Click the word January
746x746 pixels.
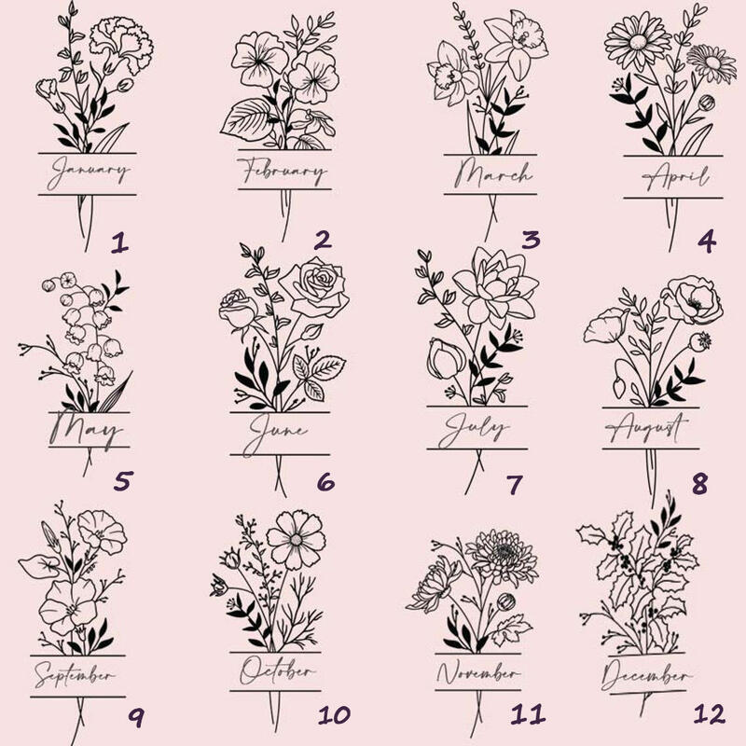tap(89, 173)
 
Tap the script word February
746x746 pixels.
tap(283, 172)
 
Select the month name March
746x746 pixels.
tap(492, 174)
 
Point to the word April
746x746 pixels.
tap(675, 177)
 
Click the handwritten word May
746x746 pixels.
tap(86, 430)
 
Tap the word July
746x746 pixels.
tap(474, 430)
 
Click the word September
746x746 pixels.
tap(75, 674)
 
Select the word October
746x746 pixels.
tap(277, 670)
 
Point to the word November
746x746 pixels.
tap(478, 672)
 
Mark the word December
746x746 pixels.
tap(647, 675)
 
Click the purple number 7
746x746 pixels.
tap(515, 484)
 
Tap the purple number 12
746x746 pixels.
tap(710, 713)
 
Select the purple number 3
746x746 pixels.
tap(531, 240)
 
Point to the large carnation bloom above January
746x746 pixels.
tap(121, 44)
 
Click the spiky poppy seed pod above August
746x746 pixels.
tap(700, 341)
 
